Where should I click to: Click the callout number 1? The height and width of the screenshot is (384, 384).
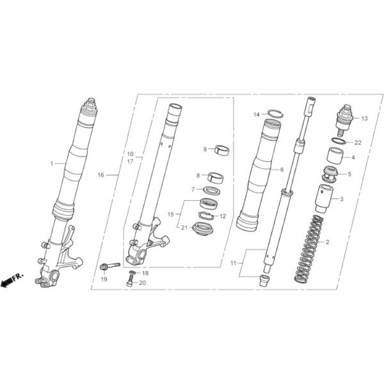[52, 163]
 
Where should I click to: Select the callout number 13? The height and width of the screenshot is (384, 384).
[364, 118]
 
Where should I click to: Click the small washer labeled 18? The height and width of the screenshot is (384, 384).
[132, 273]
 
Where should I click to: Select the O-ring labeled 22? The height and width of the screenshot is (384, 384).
[339, 141]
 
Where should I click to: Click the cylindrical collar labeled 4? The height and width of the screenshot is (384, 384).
[335, 156]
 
